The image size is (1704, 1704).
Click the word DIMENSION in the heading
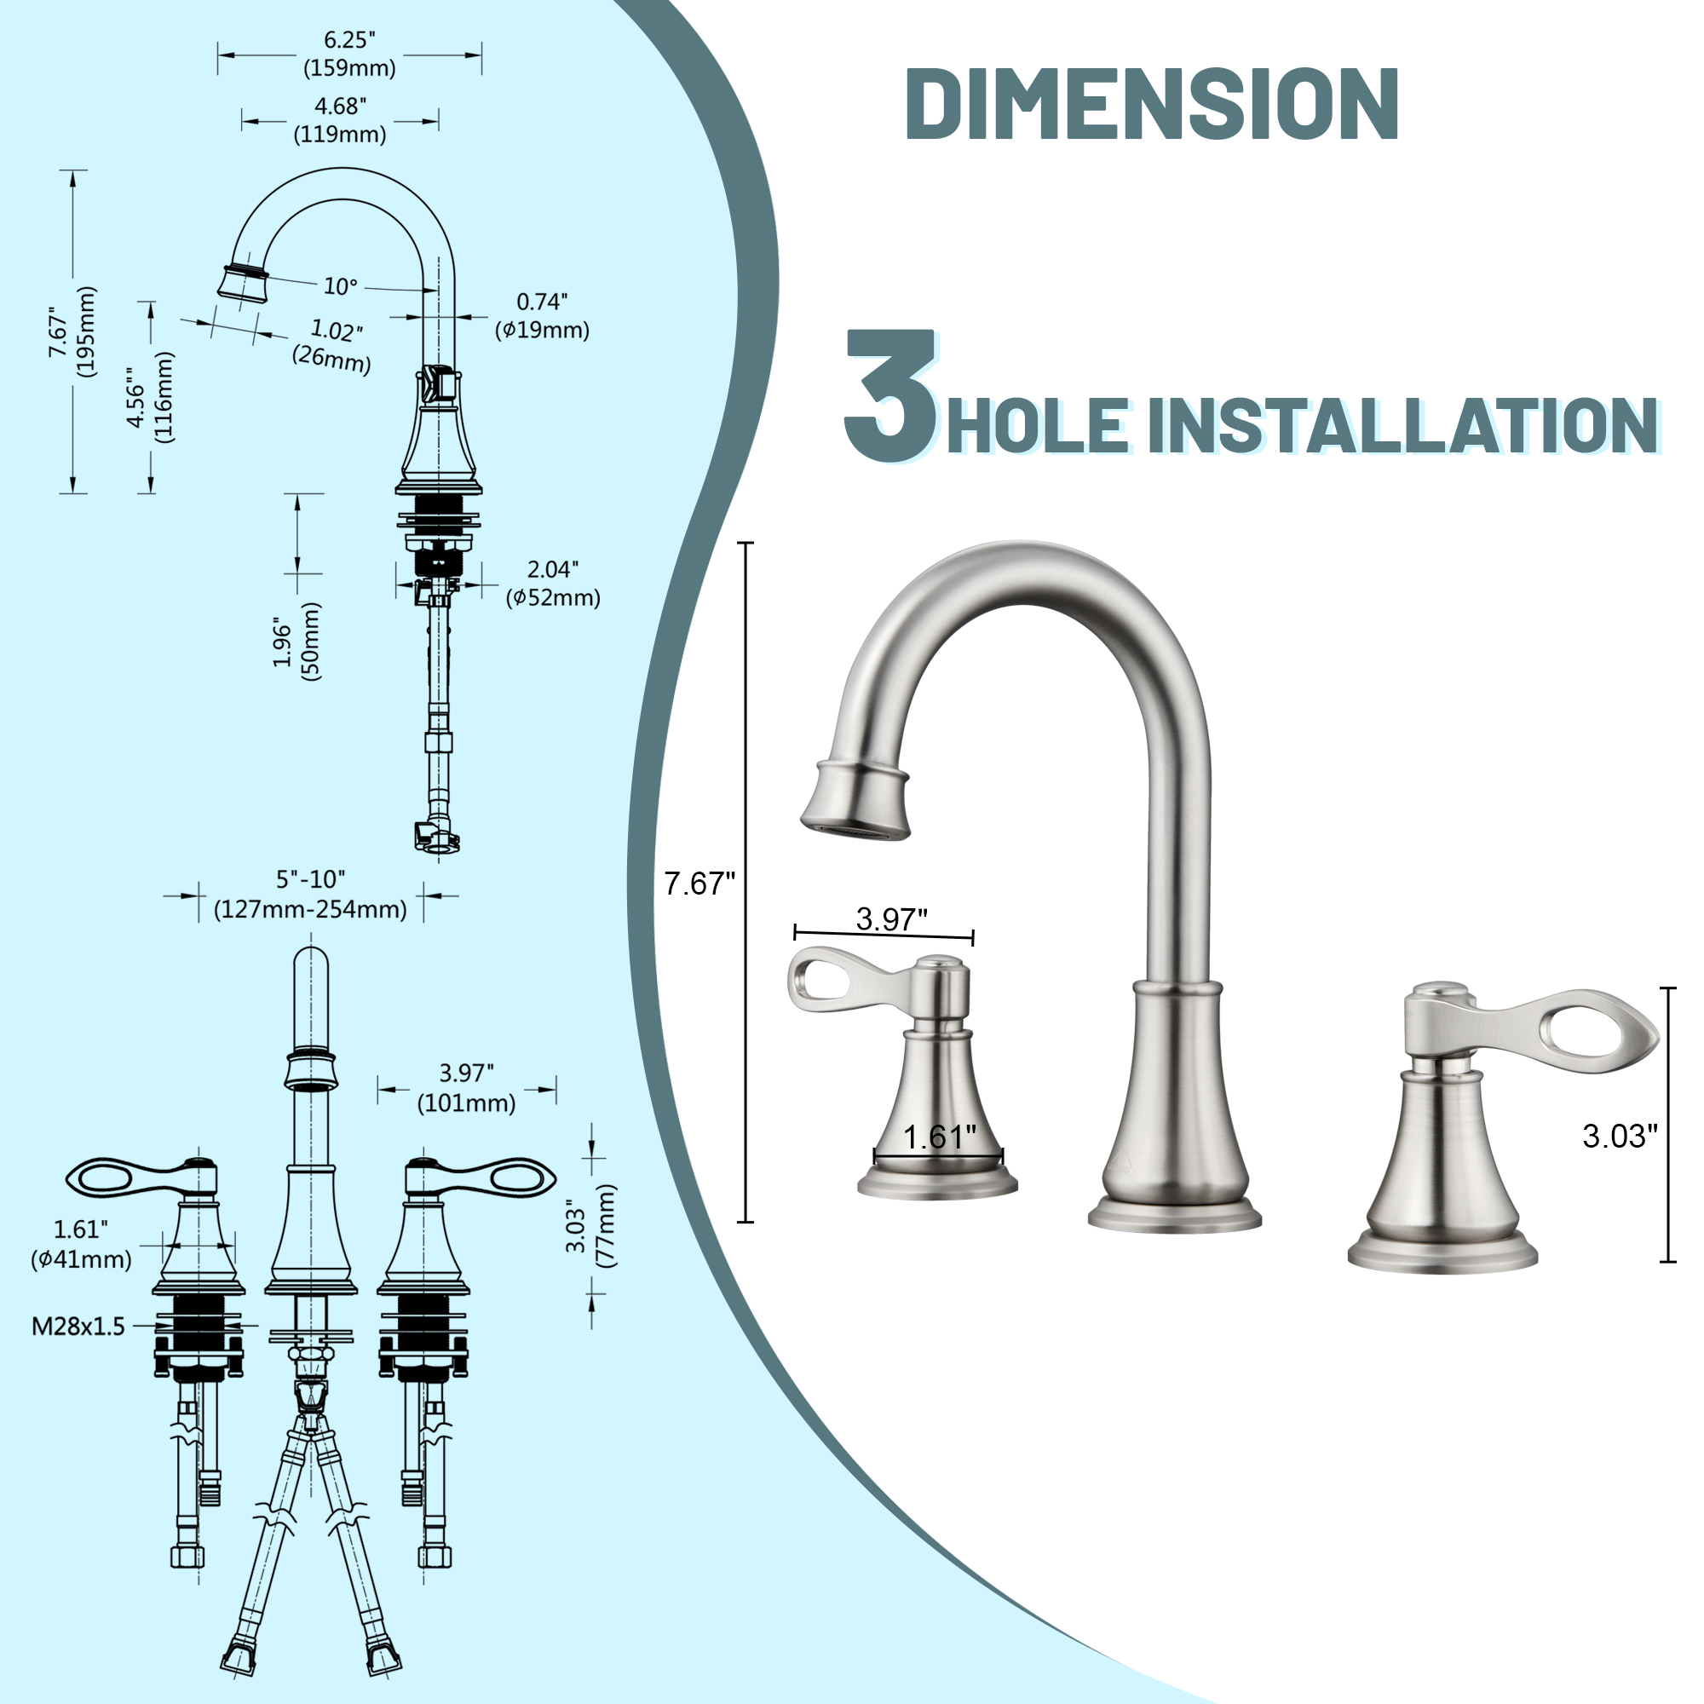pos(1151,104)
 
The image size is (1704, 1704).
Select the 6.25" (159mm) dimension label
pos(349,54)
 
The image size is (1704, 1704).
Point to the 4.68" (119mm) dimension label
pos(340,120)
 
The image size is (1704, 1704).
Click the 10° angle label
pos(341,286)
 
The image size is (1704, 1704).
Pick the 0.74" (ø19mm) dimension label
pos(542,316)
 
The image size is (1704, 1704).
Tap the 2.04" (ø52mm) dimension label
pos(552,583)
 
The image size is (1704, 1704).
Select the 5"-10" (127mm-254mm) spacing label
pos(310,895)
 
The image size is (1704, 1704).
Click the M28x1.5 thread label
pos(78,1327)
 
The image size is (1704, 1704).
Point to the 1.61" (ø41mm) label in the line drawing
pos(81,1244)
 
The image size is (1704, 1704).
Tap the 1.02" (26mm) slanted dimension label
pos(333,345)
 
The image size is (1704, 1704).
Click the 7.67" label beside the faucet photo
pos(699,884)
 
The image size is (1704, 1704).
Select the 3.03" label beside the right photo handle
pos(1620,1136)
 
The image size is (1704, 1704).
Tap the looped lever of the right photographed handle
pos(1579,1031)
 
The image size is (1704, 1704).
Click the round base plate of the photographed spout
pos(1174,1217)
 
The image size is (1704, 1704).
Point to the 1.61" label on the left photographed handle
pos(938,1137)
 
